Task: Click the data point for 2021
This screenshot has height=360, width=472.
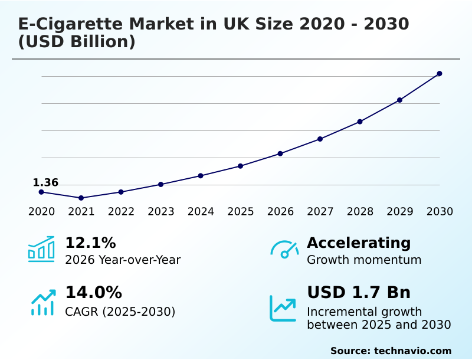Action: pos(81,198)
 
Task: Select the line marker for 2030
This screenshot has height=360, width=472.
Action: pos(440,74)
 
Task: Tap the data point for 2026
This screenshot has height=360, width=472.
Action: pos(280,153)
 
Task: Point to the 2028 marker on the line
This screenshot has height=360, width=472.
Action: pos(360,122)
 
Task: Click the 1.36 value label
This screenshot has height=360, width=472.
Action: pos(45,183)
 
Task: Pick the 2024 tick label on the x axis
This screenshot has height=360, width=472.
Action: pos(201,212)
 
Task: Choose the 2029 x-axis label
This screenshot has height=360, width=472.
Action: pos(400,212)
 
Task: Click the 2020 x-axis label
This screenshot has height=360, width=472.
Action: pos(41,212)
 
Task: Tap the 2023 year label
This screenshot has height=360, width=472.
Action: pos(161,212)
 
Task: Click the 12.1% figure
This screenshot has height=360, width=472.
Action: pos(90,243)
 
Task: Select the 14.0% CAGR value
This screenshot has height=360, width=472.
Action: pos(93,293)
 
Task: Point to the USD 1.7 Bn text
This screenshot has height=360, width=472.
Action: pos(359,293)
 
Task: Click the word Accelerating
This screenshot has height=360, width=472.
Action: pos(359,243)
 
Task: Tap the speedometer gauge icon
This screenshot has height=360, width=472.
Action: pos(284,250)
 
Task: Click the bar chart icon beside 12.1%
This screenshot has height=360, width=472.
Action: pos(41,250)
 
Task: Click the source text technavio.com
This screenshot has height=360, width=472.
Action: pos(412,351)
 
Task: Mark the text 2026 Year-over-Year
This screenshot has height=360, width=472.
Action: pos(123,260)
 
